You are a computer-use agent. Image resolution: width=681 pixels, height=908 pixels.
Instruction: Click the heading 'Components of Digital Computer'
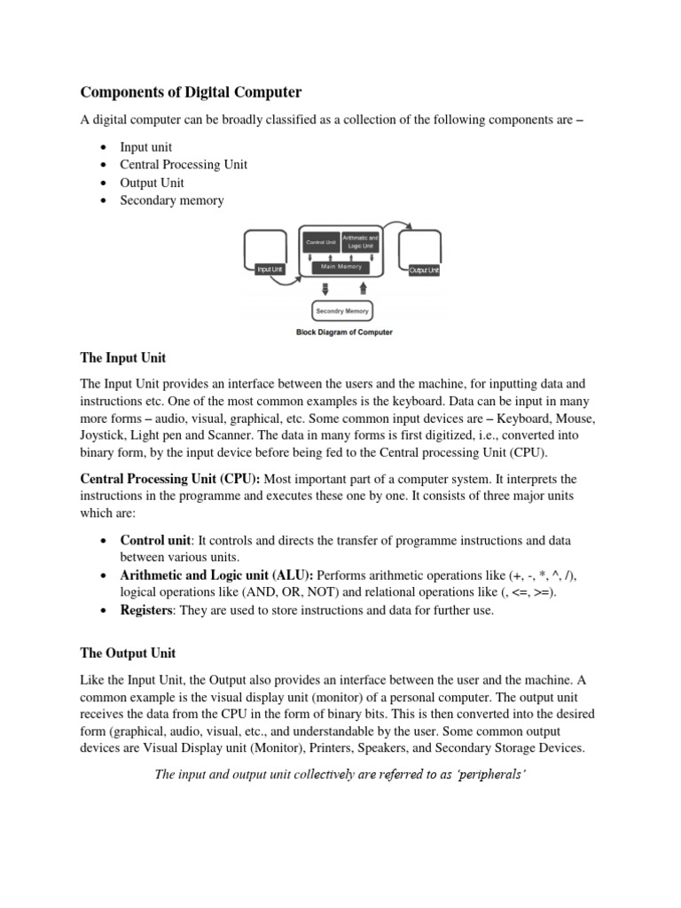pos(192,92)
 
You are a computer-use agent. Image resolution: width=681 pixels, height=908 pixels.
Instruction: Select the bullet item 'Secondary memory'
pos(172,200)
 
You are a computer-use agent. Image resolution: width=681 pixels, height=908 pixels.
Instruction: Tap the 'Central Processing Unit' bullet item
pos(184,165)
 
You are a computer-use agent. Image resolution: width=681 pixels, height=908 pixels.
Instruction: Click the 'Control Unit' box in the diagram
pos(320,241)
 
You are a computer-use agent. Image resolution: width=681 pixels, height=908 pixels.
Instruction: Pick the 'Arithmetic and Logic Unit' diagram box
pos(360,241)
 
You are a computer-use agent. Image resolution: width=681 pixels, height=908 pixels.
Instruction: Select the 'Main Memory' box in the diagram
pos(340,267)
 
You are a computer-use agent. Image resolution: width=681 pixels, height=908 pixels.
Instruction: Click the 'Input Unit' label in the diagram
pos(269,270)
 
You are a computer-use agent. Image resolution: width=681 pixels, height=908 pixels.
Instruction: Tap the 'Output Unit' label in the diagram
pos(424,270)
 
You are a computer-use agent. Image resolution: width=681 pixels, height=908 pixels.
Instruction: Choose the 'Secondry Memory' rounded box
pos(343,311)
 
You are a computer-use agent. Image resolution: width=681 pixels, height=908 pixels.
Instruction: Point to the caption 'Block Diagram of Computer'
pos(343,333)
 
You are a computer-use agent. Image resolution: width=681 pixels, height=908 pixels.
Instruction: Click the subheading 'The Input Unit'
pos(123,358)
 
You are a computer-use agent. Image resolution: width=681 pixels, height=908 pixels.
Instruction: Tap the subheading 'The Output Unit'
pos(128,654)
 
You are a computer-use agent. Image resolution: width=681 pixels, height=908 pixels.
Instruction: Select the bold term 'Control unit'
pos(155,540)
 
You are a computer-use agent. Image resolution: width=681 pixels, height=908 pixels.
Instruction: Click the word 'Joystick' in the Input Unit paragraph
pos(104,434)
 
